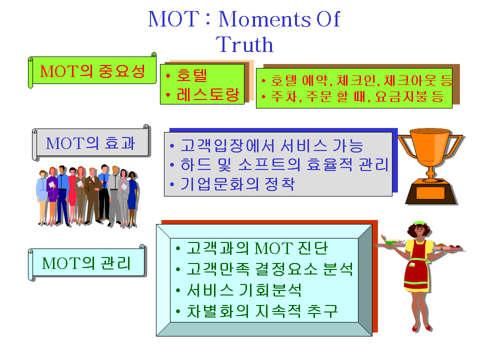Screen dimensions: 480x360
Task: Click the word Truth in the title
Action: (244, 44)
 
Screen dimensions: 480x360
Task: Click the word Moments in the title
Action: (264, 19)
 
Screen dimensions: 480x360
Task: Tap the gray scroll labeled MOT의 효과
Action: (90, 143)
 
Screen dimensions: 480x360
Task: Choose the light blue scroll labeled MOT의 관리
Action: (86, 263)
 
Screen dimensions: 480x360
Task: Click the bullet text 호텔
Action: (192, 75)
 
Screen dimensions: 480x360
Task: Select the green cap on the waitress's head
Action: (418, 223)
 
